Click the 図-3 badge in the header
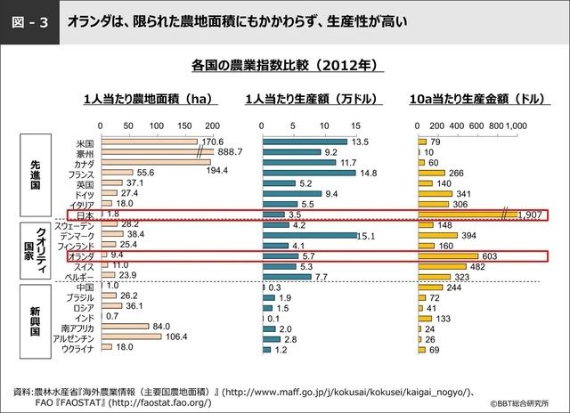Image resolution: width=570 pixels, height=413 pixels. (x=28, y=17)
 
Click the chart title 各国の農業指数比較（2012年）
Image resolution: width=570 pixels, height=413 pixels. (x=285, y=65)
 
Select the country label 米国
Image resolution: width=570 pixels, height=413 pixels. (x=85, y=142)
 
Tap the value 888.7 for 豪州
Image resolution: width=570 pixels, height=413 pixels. (x=230, y=153)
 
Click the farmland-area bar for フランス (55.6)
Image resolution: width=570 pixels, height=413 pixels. (x=117, y=173)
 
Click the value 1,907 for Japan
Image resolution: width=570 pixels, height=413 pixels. (x=530, y=215)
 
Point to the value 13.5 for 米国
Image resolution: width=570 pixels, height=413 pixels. (x=360, y=142)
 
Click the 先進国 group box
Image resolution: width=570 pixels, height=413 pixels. (x=36, y=174)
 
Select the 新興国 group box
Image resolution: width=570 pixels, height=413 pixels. (x=36, y=319)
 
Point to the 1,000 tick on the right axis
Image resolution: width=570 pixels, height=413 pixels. (x=517, y=126)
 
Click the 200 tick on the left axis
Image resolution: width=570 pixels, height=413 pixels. (x=211, y=126)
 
